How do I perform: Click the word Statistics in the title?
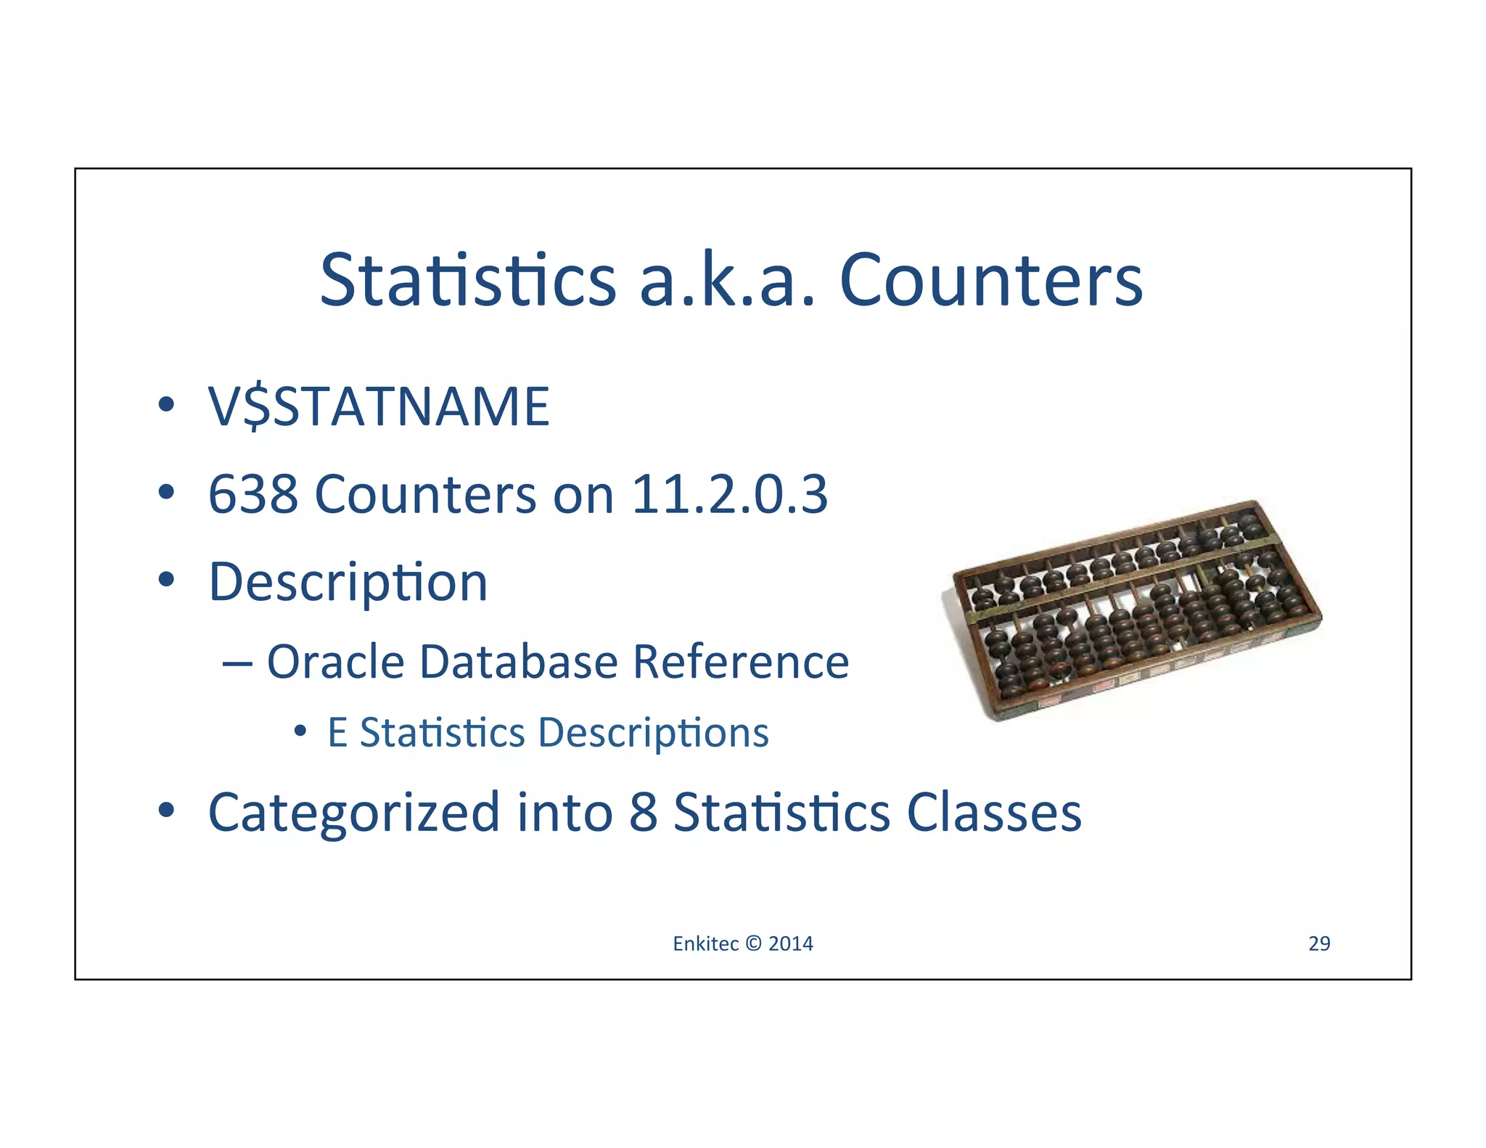point(468,280)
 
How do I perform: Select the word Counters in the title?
point(990,280)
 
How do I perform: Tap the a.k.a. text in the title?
point(727,280)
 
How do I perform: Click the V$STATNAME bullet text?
point(379,406)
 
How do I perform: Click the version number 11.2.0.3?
point(729,494)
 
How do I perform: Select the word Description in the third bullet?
point(348,583)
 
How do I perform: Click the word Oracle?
point(335,662)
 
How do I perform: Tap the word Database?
point(519,662)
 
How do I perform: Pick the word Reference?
point(740,662)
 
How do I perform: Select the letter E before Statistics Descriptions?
point(337,732)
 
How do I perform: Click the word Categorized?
point(353,812)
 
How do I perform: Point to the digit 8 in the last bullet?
point(643,812)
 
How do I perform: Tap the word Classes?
point(993,812)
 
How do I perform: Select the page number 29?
point(1318,943)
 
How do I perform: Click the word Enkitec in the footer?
point(705,943)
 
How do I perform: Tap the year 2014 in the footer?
point(790,943)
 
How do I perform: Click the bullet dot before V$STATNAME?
point(166,404)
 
